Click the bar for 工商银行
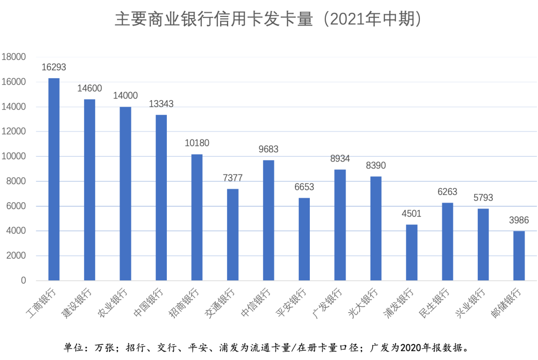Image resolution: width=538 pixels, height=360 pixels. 54,179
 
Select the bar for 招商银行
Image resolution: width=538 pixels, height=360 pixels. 197,218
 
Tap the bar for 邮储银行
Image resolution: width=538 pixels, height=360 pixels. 519,256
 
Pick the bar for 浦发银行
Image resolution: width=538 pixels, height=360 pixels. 411,252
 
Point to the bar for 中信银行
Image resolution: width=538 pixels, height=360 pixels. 269,220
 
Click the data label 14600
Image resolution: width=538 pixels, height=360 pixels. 90,89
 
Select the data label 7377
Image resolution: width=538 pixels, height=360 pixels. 233,178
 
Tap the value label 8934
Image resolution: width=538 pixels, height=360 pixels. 340,159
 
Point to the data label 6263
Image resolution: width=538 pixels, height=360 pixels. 447,192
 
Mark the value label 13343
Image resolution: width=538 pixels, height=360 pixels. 161,104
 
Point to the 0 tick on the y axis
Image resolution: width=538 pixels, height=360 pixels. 23,281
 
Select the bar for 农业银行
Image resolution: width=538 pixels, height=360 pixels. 126,194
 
